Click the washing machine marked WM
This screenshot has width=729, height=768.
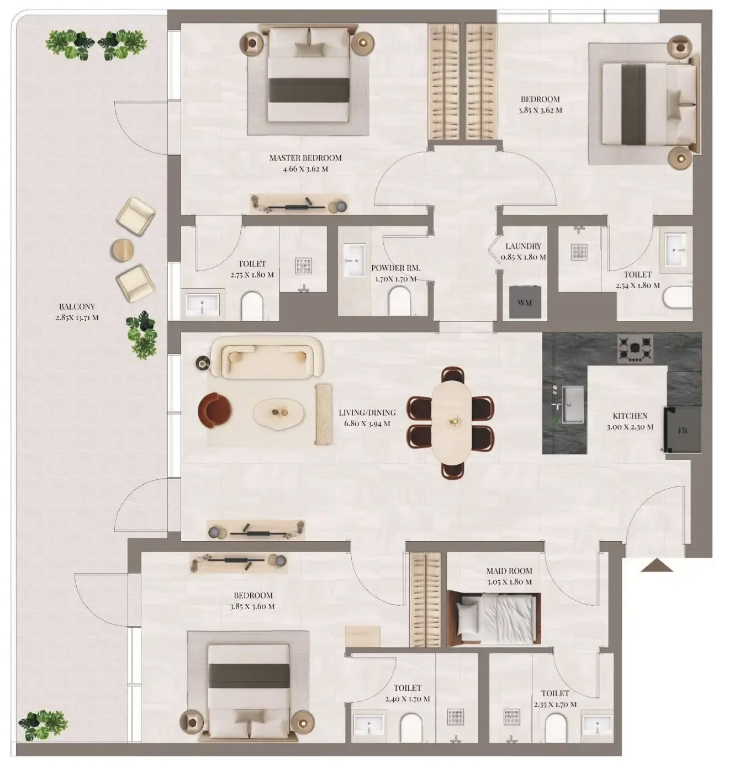coord(525,302)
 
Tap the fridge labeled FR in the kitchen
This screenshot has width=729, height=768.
coord(683,430)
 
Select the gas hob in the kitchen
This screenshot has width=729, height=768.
coord(635,348)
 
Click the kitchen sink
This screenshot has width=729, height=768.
coord(573,404)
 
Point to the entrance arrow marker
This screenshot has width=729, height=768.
coord(656,565)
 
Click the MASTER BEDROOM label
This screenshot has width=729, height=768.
coord(305,158)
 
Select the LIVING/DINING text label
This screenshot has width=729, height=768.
coord(367,412)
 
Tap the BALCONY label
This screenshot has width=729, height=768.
coord(77,306)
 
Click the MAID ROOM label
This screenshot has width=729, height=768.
coord(509,571)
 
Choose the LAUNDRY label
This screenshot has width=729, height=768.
coord(523,246)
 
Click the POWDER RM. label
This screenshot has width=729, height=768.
coord(395,268)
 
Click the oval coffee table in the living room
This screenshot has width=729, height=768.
coord(278,413)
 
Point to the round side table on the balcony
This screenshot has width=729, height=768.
coord(123,250)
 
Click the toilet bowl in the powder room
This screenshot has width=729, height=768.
coord(399,301)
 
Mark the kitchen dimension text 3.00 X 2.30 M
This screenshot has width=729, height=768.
coord(630,427)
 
